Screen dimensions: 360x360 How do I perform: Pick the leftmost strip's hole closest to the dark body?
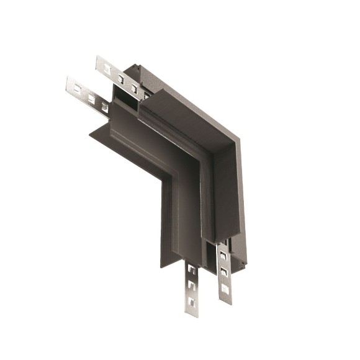(104, 106)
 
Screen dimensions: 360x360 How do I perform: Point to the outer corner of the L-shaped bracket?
(240, 139)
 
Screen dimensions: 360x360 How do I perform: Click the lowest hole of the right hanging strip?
(224, 287)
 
